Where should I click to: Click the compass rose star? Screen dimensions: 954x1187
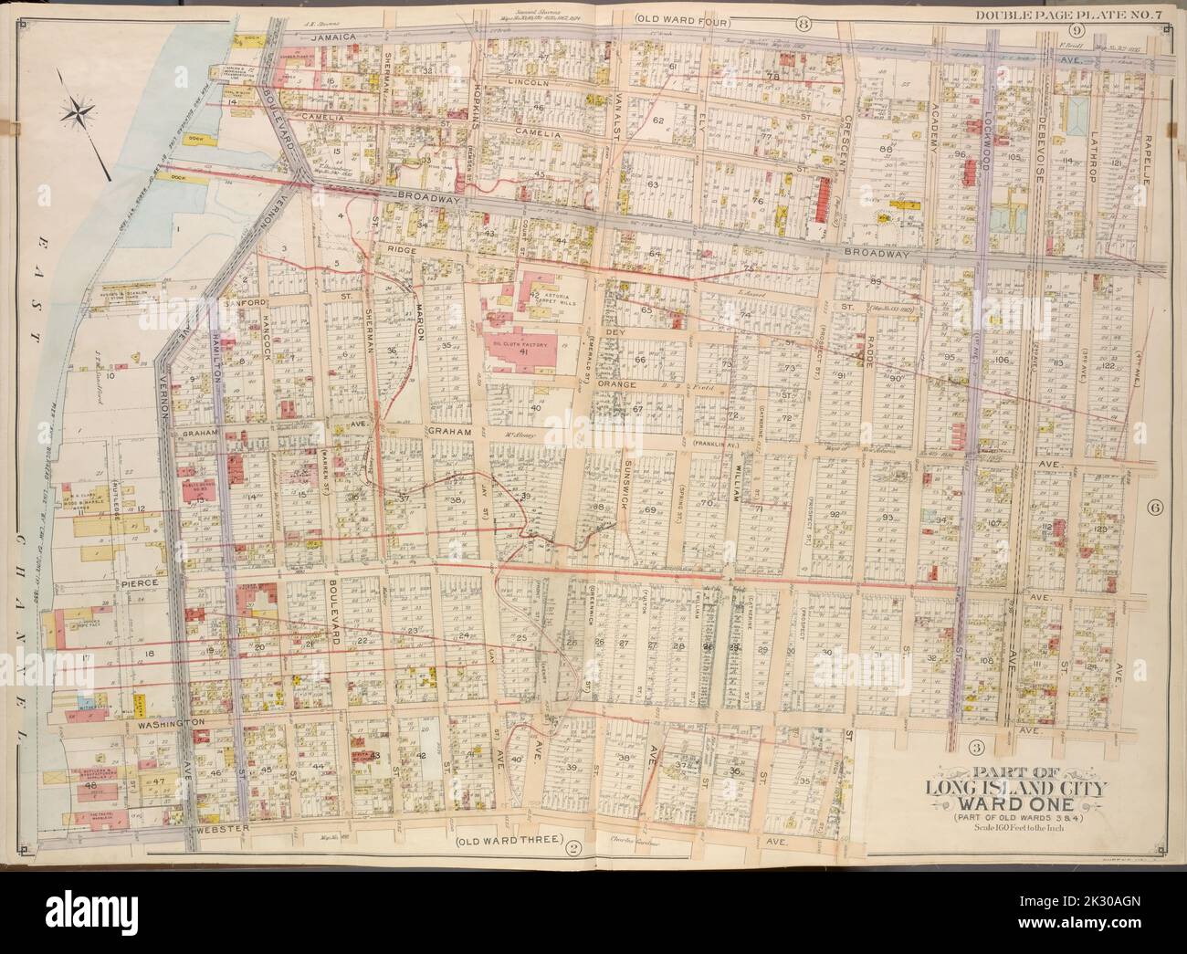80,113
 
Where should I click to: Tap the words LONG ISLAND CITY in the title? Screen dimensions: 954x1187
994,789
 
